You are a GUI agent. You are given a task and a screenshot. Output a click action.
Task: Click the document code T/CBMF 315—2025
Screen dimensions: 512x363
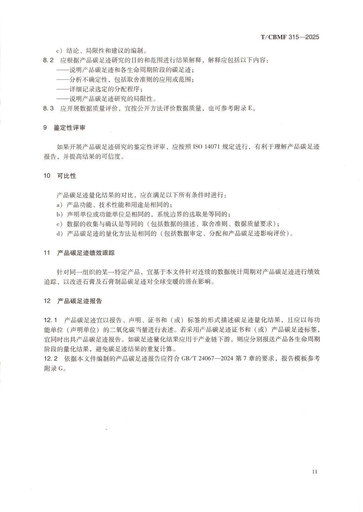click(290, 37)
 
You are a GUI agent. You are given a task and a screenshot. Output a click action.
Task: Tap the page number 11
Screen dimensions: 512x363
click(315, 472)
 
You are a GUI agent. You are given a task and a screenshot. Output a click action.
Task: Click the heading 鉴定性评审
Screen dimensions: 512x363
click(69, 128)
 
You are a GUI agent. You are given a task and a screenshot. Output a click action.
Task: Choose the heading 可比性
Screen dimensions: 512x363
click(67, 176)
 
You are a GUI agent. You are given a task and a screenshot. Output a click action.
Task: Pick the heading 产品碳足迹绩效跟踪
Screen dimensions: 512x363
click(86, 253)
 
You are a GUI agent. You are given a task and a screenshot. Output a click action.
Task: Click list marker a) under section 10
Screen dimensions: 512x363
click(59, 205)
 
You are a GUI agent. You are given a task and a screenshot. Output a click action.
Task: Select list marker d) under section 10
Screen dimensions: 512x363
click(59, 234)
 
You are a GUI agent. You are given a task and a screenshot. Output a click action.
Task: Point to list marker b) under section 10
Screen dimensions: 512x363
click(59, 214)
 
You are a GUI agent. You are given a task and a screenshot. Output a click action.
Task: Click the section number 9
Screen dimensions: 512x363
click(45, 128)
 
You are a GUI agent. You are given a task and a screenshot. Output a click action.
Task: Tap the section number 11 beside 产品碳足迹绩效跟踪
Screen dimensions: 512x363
click(47, 253)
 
